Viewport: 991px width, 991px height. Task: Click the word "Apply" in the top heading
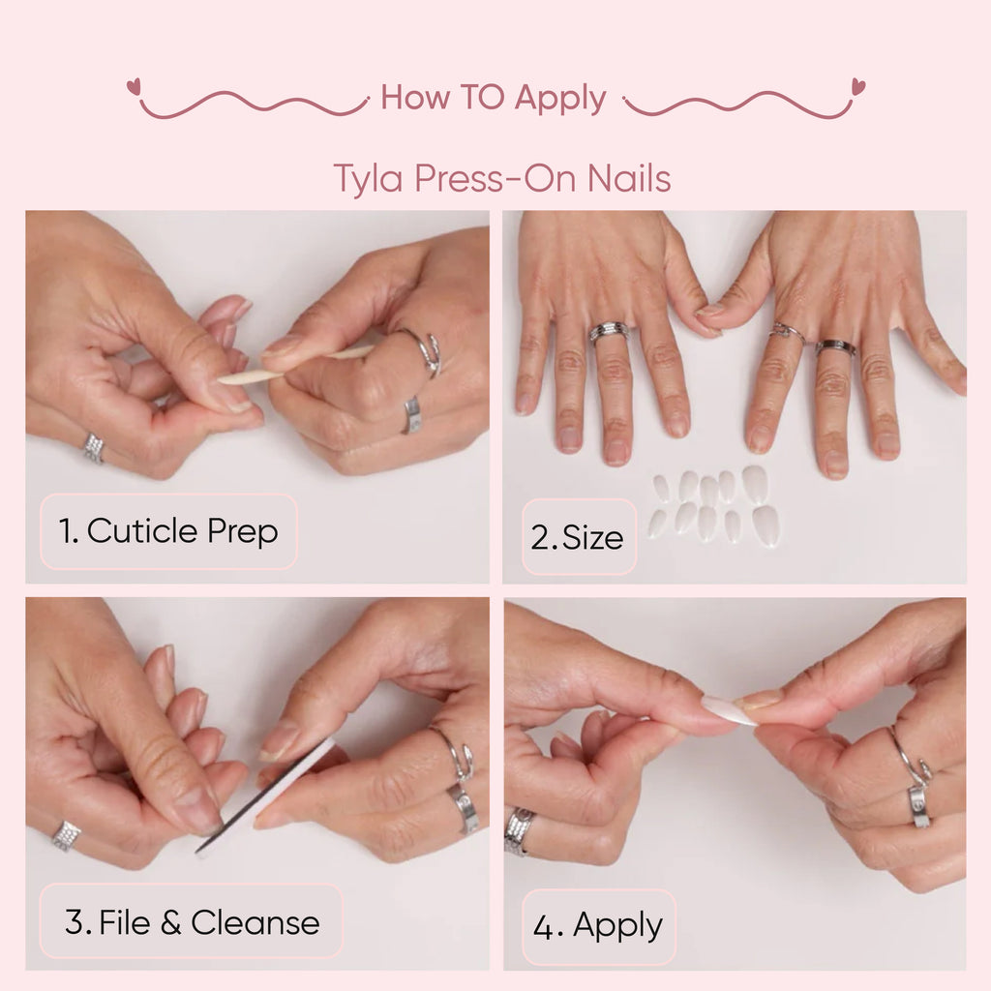(560, 99)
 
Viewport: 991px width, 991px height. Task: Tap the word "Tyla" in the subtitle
(368, 179)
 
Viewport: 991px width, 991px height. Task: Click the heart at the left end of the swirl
(133, 86)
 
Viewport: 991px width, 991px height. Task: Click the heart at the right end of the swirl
(857, 86)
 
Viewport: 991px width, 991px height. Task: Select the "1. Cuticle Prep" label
(168, 531)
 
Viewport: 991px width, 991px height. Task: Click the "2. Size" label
(579, 537)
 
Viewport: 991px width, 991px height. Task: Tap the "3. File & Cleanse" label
(191, 921)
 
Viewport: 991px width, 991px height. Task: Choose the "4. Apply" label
(598, 926)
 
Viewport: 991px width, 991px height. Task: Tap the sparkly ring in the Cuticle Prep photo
(94, 447)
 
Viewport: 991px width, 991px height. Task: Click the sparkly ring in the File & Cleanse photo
(66, 835)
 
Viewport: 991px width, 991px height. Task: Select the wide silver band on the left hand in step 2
(608, 332)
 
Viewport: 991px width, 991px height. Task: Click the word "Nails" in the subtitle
(629, 179)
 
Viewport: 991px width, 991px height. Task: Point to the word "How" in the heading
(414, 98)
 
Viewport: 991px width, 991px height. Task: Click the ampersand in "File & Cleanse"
(170, 922)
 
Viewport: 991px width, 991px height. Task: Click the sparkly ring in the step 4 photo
(519, 830)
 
